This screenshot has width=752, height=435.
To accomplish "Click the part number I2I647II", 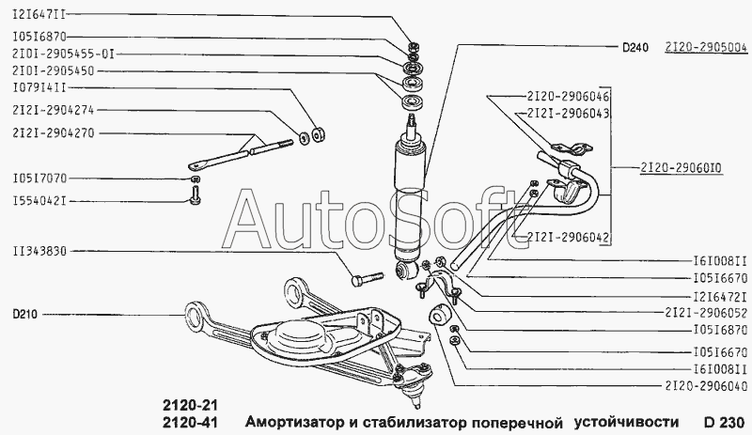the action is [x=39, y=14].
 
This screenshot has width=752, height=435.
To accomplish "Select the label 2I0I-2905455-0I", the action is [x=64, y=54].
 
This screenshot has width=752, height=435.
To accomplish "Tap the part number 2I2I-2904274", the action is [x=54, y=110].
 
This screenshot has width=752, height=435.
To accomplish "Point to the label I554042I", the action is [x=39, y=200].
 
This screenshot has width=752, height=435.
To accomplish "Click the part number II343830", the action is [x=39, y=251].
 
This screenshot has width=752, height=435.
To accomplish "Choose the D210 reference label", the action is [x=24, y=315].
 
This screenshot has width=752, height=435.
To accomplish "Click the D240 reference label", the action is [x=635, y=47].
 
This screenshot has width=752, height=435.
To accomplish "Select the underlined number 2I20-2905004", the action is [x=706, y=47].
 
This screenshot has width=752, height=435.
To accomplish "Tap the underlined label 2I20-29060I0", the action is [x=681, y=168].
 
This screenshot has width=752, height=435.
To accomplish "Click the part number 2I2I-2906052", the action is [x=706, y=313].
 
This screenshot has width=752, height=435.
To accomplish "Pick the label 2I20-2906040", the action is [x=706, y=386].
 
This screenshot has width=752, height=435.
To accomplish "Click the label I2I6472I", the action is [x=721, y=296].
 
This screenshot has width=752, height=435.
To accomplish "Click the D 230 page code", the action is [x=724, y=422].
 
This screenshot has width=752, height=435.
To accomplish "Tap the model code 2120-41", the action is [x=190, y=423].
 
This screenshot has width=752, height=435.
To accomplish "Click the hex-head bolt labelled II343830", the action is [x=368, y=279].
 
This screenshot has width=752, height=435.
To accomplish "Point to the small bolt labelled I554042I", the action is [x=195, y=196].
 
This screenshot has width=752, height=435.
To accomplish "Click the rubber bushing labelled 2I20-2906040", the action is [x=439, y=315].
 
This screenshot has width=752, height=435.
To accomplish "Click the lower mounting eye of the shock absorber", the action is [x=406, y=270].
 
